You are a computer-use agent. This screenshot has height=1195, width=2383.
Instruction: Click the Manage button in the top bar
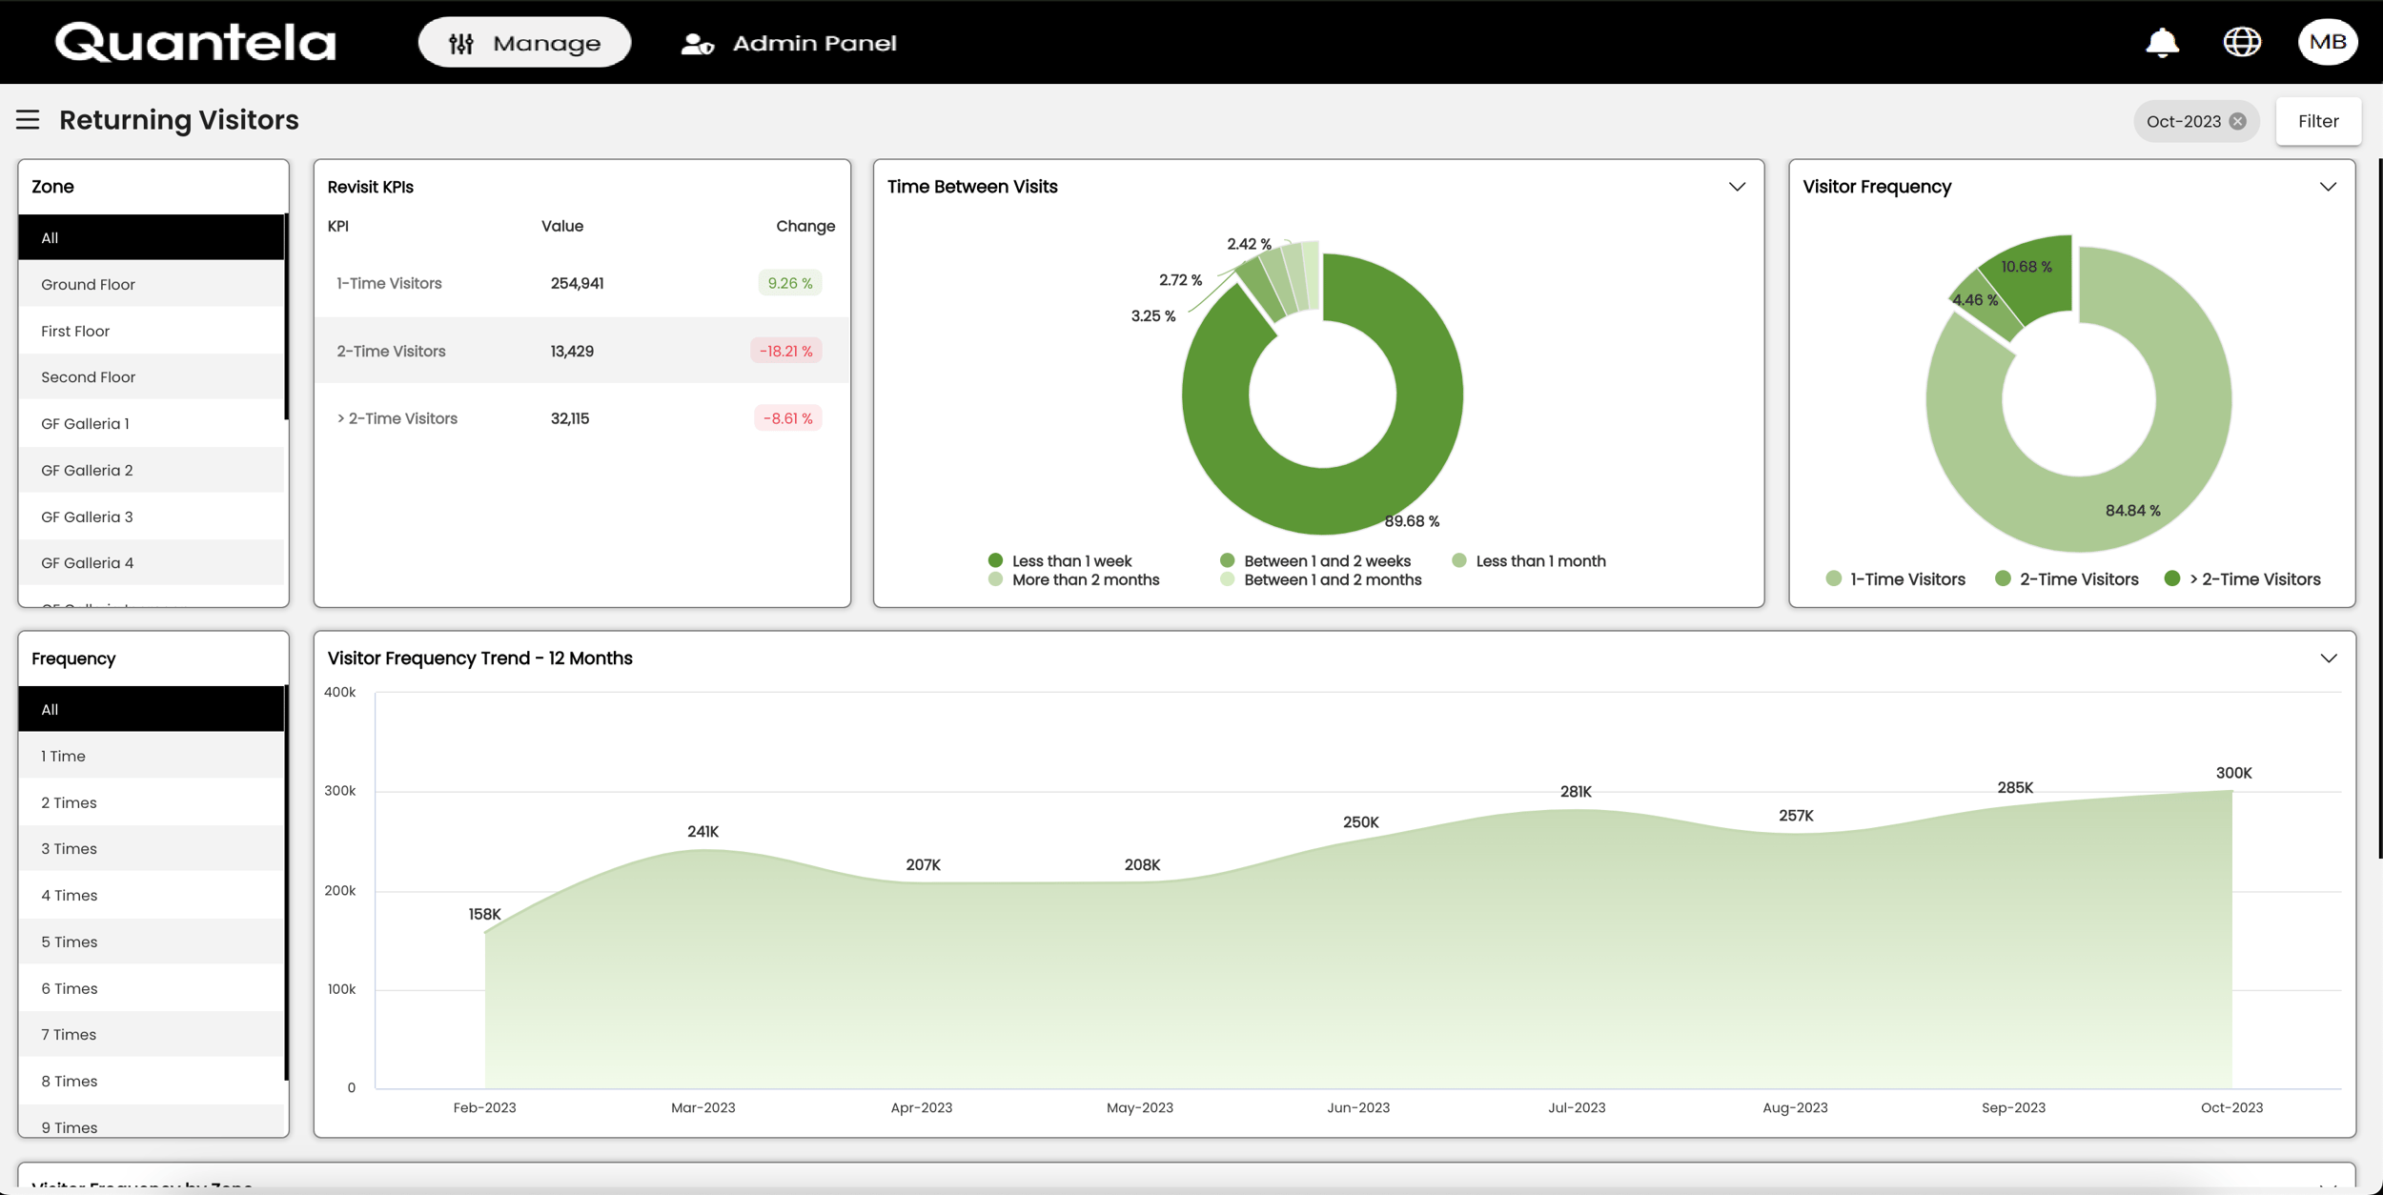[524, 43]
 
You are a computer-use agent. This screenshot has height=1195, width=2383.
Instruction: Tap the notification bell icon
[2162, 43]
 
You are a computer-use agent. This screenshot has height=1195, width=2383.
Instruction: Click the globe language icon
[2242, 42]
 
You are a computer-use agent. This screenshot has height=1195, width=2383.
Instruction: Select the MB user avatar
[2327, 42]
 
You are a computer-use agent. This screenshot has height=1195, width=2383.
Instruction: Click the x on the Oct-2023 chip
[2238, 121]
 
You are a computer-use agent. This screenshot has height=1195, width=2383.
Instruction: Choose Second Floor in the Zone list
[88, 377]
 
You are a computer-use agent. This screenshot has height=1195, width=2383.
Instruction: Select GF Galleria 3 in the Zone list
[87, 516]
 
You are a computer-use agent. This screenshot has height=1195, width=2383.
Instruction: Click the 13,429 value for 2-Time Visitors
[572, 351]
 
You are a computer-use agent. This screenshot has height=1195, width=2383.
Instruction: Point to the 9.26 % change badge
[789, 283]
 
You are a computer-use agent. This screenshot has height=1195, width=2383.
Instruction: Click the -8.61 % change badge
[787, 418]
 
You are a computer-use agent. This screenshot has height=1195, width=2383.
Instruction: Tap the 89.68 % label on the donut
[1412, 521]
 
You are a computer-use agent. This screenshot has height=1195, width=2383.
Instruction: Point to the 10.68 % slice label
[2026, 267]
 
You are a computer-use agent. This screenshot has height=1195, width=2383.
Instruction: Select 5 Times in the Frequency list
[69, 942]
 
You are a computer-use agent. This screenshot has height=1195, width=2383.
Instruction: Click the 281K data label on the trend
[1576, 792]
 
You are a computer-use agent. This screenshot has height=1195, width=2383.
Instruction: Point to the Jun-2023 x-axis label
[1358, 1107]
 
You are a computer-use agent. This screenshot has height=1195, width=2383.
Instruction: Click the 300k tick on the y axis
[340, 791]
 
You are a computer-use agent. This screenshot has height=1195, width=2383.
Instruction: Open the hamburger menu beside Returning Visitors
[28, 120]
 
